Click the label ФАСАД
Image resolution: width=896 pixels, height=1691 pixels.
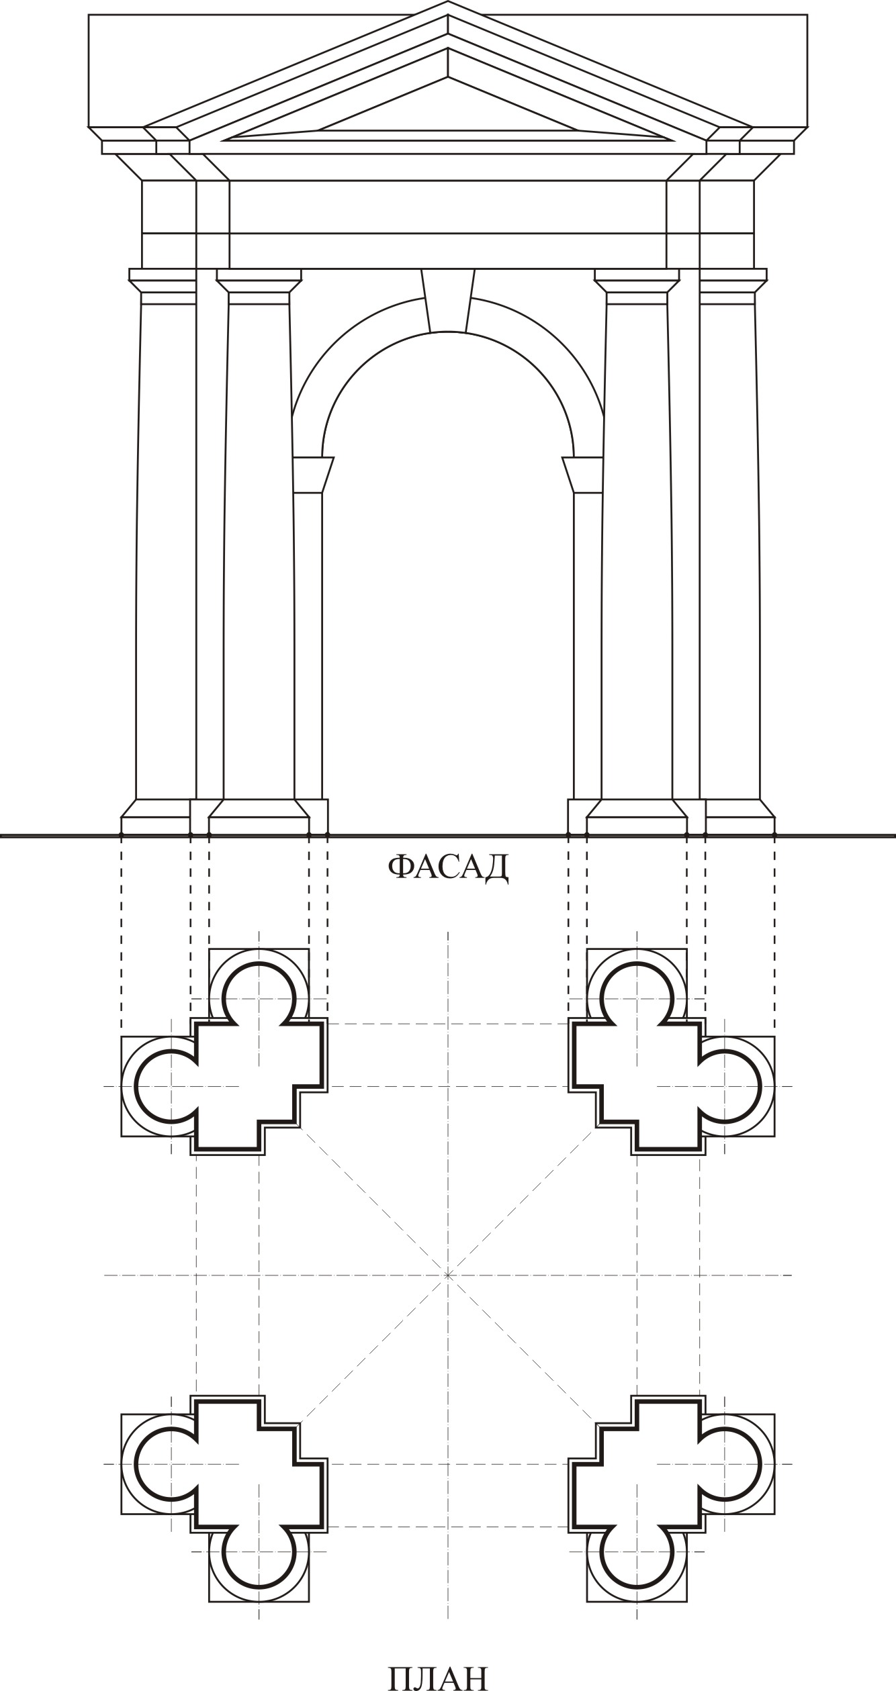point(448,868)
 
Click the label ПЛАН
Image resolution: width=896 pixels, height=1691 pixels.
point(438,1673)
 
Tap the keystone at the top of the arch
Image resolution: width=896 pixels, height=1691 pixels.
point(448,301)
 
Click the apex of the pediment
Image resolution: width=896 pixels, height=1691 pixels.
point(448,1)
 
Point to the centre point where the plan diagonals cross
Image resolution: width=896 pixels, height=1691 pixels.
point(448,1274)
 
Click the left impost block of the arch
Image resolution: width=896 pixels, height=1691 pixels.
point(313,475)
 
